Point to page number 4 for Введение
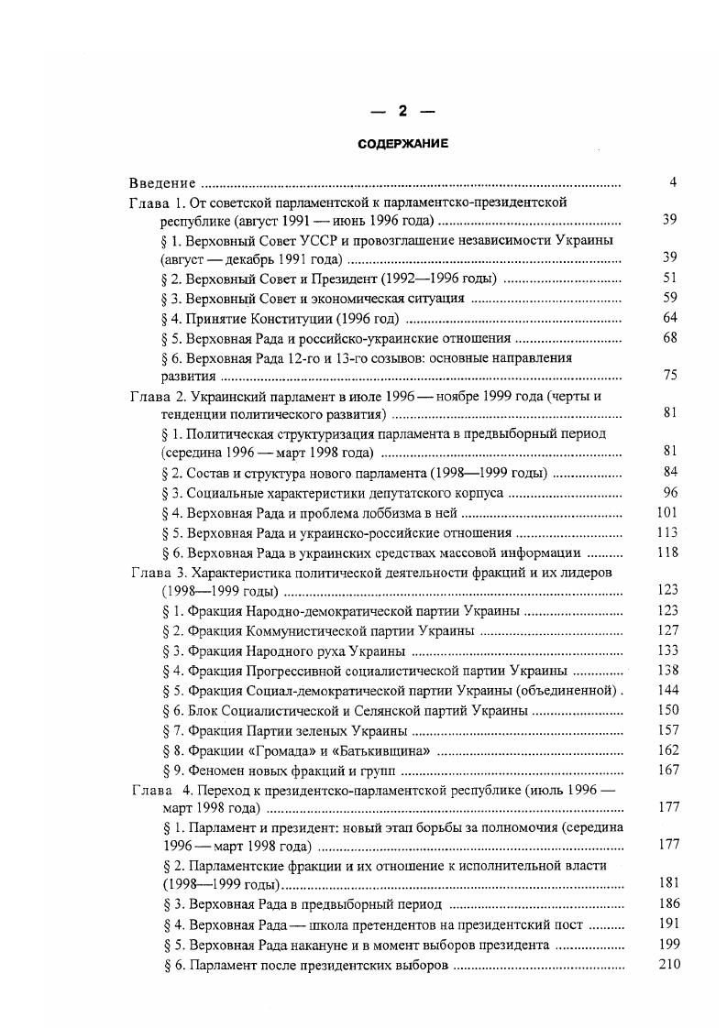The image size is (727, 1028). pyautogui.click(x=673, y=182)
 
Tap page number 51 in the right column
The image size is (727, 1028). pyautogui.click(x=669, y=279)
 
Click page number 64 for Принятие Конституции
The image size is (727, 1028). pyautogui.click(x=669, y=319)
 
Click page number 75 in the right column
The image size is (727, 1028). pyautogui.click(x=669, y=375)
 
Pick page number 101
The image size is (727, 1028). pyautogui.click(x=667, y=512)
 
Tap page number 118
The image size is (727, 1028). pyautogui.click(x=667, y=552)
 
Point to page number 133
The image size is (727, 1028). pyautogui.click(x=667, y=651)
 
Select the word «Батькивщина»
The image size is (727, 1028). pyautogui.click(x=375, y=750)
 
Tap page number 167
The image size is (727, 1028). pyautogui.click(x=667, y=771)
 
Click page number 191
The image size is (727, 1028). pyautogui.click(x=667, y=924)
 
